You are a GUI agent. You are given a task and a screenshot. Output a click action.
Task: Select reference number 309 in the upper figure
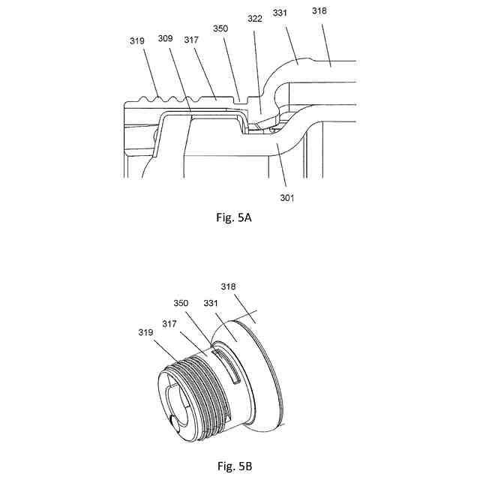coord(166,38)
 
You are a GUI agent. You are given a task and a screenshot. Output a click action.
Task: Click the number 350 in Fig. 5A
coord(220,28)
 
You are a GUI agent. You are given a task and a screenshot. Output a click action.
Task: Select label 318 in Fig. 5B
coord(229,286)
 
